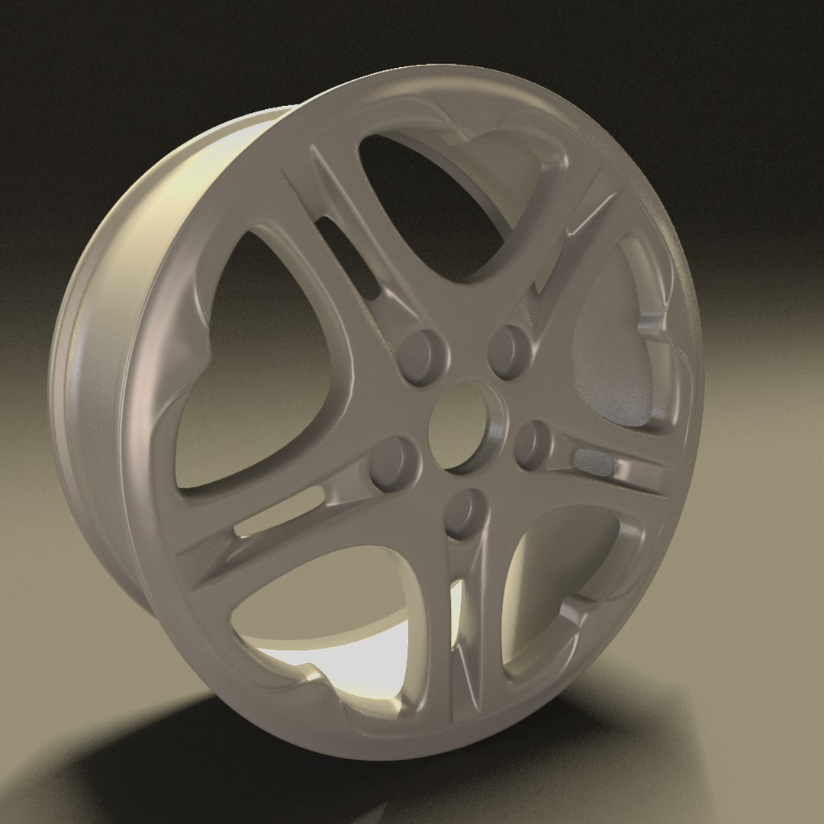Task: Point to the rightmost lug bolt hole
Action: (533, 444)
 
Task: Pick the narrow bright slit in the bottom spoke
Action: (457, 610)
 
